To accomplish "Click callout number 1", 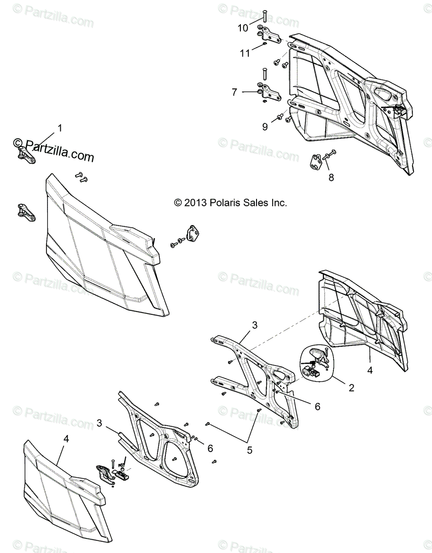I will point(59,128).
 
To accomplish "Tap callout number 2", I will point(351,388).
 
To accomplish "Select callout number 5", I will point(250,450).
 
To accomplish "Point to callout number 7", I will point(234,92).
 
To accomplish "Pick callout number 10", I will point(242,28).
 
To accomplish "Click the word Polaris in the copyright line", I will point(227,202).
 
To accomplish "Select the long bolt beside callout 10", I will point(266,17).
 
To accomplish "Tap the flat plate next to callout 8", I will point(315,163).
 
